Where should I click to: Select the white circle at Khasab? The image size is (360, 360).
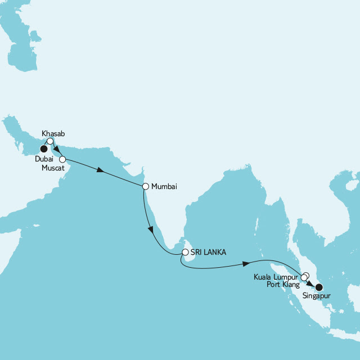(50, 141)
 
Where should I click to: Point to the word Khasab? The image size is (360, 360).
(53, 134)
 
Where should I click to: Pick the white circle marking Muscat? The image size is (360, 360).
(62, 160)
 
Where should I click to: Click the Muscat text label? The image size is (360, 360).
(53, 168)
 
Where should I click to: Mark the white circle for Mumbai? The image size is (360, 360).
(145, 186)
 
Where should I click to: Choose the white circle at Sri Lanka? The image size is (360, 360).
(184, 253)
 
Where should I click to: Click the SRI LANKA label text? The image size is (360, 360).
(208, 253)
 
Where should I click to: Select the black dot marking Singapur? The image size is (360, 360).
(319, 287)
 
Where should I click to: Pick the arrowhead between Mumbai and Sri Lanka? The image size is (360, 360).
(150, 229)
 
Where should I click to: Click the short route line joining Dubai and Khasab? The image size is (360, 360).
(47, 145)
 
